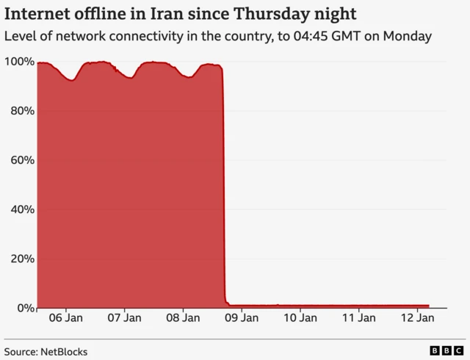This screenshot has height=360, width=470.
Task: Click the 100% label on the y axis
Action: [x=18, y=62]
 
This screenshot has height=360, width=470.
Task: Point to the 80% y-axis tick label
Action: [x=21, y=111]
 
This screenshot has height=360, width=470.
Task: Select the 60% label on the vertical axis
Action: [x=21, y=160]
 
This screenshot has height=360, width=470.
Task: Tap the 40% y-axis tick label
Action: [x=21, y=209]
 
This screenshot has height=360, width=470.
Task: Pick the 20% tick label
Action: [x=21, y=259]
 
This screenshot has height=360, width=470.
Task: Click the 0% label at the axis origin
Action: [x=24, y=308]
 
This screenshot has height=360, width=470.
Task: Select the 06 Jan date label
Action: [x=65, y=318]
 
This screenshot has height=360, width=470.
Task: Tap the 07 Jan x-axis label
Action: [x=124, y=318]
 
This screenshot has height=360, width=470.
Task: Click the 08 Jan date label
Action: [x=183, y=318]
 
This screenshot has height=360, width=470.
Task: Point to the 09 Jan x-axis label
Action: [x=242, y=318]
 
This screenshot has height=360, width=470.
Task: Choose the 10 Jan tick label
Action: [x=300, y=318]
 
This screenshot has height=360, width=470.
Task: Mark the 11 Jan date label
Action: [x=359, y=318]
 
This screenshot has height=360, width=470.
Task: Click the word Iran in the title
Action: [x=180, y=13]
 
